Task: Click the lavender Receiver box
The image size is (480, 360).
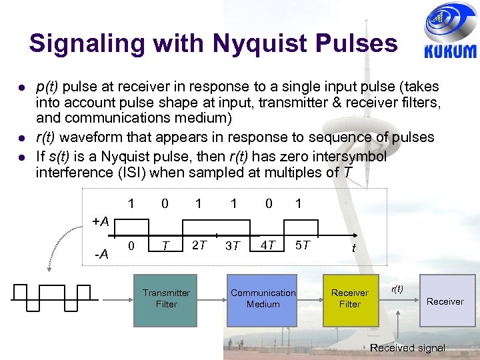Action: click(x=445, y=301)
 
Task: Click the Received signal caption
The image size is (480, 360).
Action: click(x=407, y=347)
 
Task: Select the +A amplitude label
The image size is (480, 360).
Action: click(x=101, y=221)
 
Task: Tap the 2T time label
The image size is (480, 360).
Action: click(x=199, y=245)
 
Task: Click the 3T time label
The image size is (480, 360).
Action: click(x=233, y=246)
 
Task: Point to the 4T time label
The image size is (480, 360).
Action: click(x=268, y=245)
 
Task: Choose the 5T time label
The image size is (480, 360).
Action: click(x=302, y=245)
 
